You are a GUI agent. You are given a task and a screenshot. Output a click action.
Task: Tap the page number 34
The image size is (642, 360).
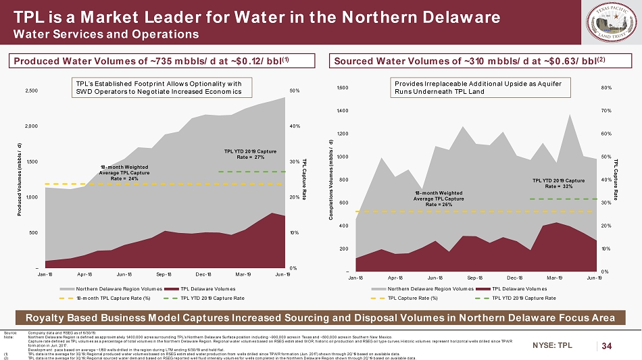(x=607, y=346)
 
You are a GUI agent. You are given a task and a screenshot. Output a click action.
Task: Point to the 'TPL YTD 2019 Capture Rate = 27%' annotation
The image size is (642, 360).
(x=245, y=154)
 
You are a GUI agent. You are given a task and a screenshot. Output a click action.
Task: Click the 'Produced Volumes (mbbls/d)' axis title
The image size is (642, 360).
(x=19, y=178)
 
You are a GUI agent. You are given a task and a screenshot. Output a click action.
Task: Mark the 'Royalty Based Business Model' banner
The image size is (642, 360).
(x=320, y=317)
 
